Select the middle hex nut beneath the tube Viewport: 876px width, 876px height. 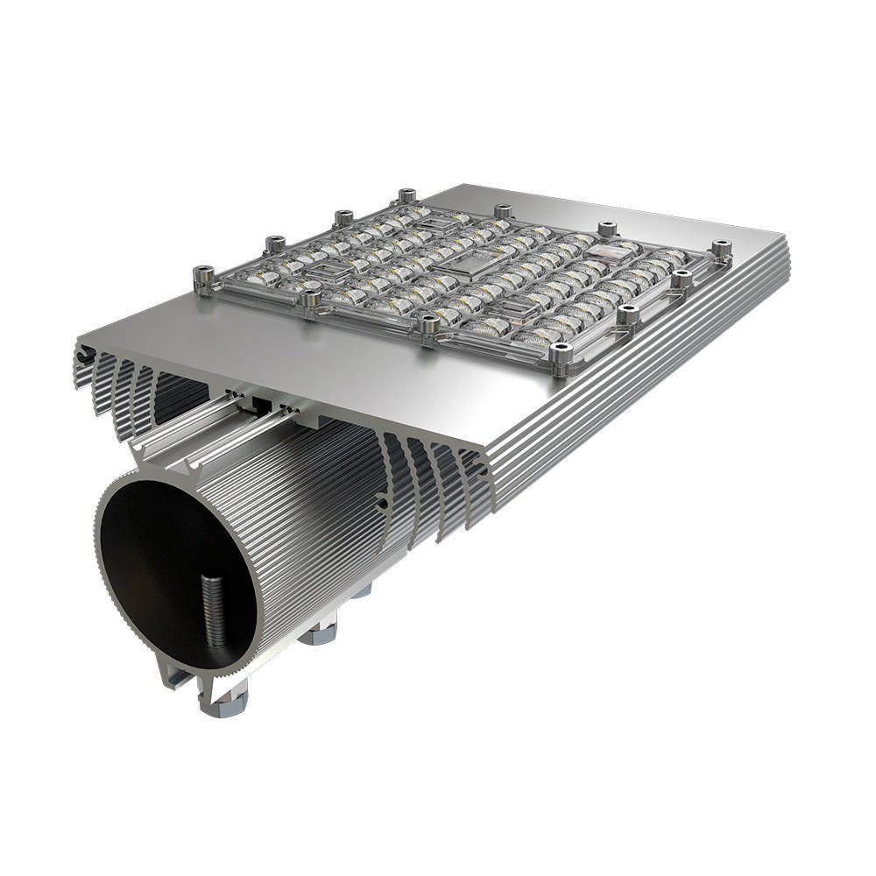[x=318, y=632]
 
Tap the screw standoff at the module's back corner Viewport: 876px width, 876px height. [x=406, y=196]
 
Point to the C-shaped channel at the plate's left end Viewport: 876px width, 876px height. [x=84, y=355]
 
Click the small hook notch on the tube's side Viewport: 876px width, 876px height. [x=382, y=504]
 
